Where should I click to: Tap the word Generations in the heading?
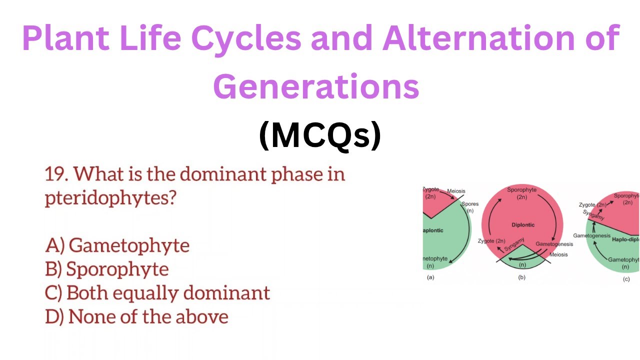point(316,86)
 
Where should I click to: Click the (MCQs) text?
point(320,136)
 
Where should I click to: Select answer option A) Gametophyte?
point(117,245)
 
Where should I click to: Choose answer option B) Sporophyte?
point(107,269)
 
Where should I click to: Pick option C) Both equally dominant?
point(157,292)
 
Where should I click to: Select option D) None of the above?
point(136,316)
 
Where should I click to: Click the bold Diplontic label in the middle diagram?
point(523,225)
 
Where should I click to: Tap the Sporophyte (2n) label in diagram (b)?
point(521,193)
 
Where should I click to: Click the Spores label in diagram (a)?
point(470,204)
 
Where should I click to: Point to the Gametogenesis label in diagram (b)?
point(554,244)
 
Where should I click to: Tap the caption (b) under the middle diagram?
point(521,277)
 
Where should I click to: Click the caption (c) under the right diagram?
point(626,279)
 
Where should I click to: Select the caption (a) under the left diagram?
point(430,277)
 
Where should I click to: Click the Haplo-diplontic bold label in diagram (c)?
point(625,239)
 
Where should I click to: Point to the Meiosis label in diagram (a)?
point(456,190)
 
